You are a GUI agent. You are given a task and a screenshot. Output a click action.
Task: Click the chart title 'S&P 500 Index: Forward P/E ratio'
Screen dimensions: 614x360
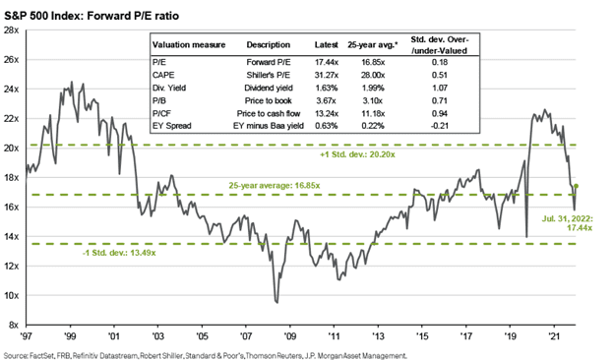[x=92, y=16]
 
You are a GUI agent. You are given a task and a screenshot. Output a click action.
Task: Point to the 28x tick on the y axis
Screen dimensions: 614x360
[x=11, y=30]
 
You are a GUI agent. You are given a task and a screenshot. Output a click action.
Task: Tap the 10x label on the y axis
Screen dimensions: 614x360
[x=11, y=295]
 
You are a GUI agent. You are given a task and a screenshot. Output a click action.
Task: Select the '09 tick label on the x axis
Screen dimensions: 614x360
[x=289, y=336]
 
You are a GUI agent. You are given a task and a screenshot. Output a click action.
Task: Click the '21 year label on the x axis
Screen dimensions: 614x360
[x=554, y=336]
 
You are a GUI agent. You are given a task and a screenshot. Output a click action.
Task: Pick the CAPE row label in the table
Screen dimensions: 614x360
[x=163, y=75]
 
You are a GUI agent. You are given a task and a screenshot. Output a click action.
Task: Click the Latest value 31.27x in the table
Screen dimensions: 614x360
[x=327, y=75]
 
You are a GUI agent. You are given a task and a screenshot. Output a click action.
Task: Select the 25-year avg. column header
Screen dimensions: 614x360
[x=372, y=45]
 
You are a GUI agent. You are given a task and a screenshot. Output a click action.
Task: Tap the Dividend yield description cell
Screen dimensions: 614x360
[x=269, y=88]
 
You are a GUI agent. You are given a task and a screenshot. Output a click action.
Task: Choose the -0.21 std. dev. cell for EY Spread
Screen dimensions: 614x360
[x=439, y=126]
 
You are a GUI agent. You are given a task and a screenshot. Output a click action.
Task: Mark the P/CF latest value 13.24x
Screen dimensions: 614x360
[x=327, y=113]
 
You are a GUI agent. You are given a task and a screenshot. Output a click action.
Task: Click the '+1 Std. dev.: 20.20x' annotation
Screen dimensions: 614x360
[x=357, y=154]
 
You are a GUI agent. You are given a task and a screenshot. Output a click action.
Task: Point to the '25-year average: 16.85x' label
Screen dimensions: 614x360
[x=275, y=186]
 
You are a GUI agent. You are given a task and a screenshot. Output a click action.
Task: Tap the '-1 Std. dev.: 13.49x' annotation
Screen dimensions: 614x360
[x=119, y=253]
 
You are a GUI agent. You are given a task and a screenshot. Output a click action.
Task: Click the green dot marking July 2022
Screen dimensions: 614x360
[x=576, y=186]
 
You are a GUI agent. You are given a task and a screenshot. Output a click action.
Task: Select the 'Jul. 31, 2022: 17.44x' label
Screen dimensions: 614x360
[x=568, y=223]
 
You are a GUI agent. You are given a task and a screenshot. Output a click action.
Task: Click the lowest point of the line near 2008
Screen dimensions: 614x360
[x=277, y=303]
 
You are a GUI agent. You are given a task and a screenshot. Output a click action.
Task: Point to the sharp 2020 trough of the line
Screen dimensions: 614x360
[x=526, y=237]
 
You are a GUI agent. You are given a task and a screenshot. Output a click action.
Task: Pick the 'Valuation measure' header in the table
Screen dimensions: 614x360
[x=189, y=45]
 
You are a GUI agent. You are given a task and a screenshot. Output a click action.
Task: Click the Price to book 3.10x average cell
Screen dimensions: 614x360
[x=372, y=100]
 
